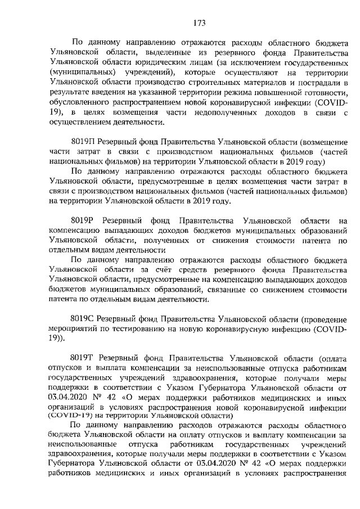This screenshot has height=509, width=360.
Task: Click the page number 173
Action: coord(199,22)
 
